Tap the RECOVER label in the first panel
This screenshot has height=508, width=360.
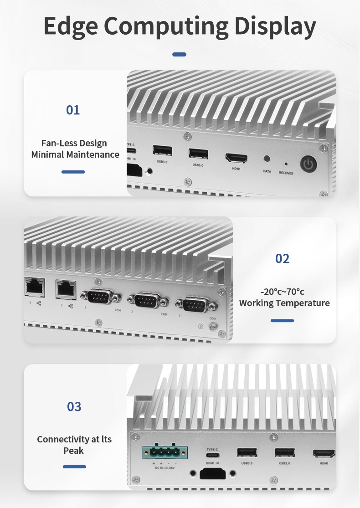point(286,173)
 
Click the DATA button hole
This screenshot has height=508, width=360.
point(267,160)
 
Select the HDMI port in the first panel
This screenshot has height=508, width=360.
point(236,159)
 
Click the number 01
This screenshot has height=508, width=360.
point(73,110)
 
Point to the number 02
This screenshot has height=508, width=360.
point(282,258)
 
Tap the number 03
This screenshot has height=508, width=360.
point(74,406)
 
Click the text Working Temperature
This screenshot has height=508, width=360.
point(284,303)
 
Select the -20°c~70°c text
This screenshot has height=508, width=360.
point(282,292)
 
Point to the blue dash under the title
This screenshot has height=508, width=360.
point(180,55)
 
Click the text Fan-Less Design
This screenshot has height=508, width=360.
point(74,143)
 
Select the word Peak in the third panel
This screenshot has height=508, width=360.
point(74,451)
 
